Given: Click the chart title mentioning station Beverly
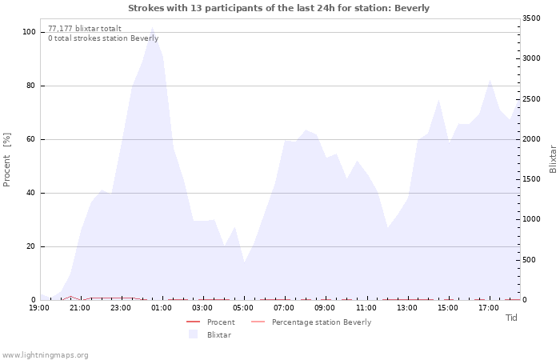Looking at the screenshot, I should click(278, 8).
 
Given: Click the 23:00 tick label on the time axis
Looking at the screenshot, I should click(121, 308).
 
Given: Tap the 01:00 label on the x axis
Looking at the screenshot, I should click(162, 308).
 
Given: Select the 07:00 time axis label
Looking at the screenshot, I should click(284, 308).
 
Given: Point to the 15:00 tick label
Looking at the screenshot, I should click(448, 308).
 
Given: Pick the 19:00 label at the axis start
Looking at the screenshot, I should click(39, 308).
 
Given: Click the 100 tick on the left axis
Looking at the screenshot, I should click(30, 32).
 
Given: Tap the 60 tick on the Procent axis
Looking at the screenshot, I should click(31, 139).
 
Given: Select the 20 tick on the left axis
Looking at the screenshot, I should click(31, 246).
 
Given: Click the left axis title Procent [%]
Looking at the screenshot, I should click(8, 160).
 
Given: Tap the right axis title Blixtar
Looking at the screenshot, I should click(552, 158).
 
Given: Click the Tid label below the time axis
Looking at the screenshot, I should click(512, 318).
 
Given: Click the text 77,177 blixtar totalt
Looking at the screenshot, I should click(85, 29).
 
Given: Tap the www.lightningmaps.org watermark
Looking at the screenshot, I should click(46, 354).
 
